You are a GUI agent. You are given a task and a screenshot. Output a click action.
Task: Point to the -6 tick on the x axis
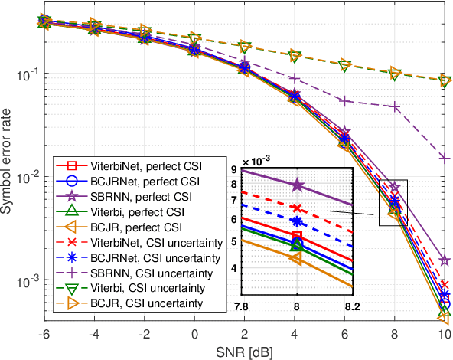(x=44, y=335)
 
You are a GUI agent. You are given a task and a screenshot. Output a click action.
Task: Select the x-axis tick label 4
(x=295, y=335)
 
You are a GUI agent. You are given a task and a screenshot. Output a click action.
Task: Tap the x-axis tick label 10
(x=445, y=335)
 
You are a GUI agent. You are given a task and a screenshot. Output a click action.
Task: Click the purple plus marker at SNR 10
(x=445, y=158)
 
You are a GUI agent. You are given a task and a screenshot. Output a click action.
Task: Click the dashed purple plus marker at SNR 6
(x=344, y=101)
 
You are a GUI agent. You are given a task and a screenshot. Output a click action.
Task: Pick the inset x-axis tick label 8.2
(x=351, y=305)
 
